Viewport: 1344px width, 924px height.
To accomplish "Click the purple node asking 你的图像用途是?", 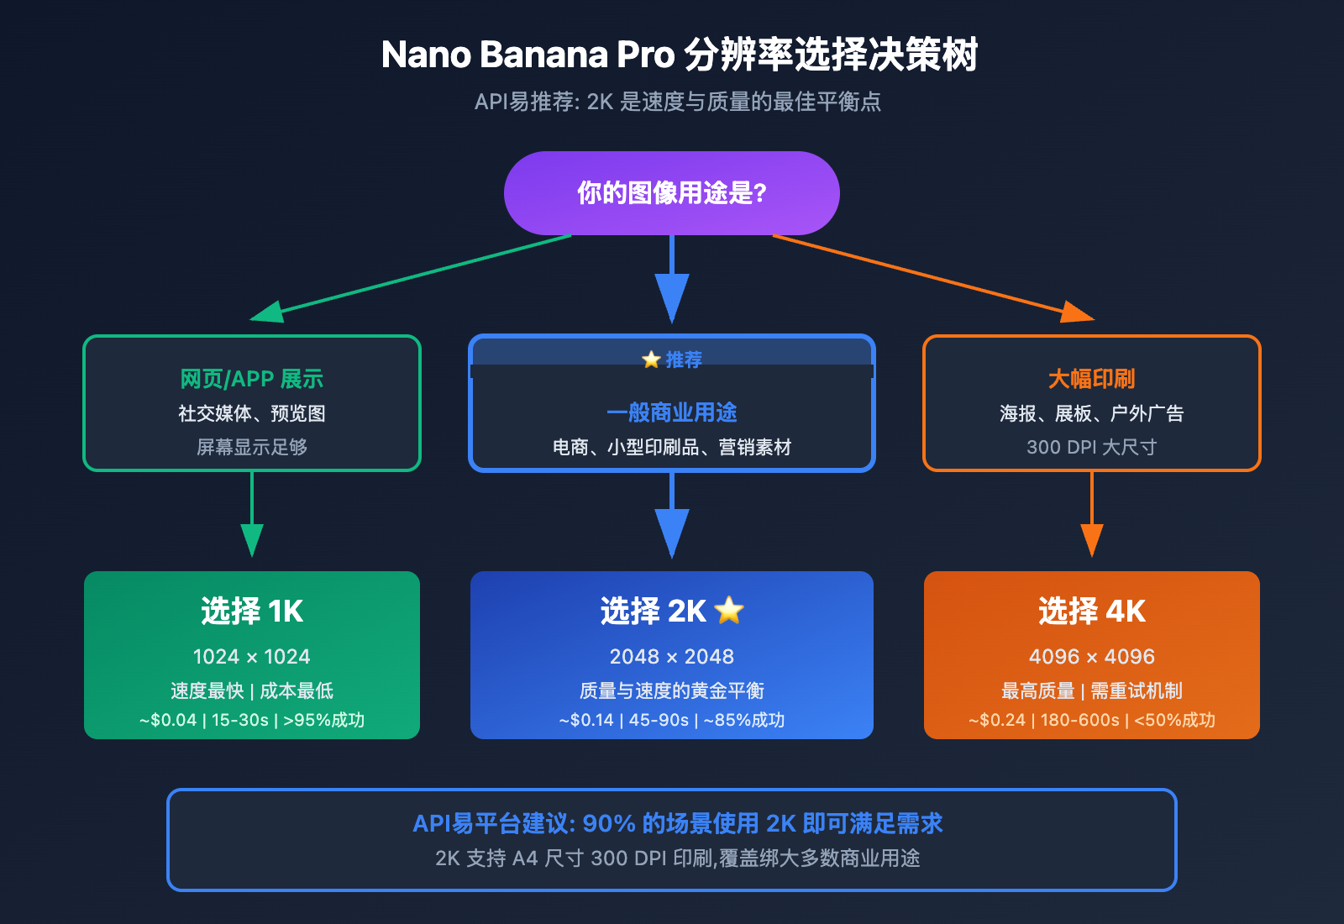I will point(671,193).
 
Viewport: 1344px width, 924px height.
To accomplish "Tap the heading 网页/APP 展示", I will point(251,379).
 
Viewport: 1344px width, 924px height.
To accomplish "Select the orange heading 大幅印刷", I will point(1091,379).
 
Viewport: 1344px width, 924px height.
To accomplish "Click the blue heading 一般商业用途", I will point(671,412).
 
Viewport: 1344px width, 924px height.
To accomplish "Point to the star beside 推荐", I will point(651,360).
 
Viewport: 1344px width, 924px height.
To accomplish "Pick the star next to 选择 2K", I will point(729,611).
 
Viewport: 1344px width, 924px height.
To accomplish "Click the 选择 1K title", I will point(251,611).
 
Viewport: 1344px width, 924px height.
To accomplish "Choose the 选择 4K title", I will point(1091,611).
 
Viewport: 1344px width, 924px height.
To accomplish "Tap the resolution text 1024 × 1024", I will point(251,656).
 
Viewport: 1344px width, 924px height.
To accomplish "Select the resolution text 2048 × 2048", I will point(671,656).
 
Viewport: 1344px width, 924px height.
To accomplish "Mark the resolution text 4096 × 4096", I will point(1091,656).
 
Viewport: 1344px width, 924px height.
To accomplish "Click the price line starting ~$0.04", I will point(251,720).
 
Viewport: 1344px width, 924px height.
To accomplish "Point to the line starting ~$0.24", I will point(1091,720).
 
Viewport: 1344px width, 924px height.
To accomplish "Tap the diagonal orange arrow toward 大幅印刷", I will point(924,275).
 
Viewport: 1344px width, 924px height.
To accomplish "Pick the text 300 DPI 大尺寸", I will point(1091,447).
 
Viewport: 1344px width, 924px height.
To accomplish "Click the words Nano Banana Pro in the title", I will point(528,55).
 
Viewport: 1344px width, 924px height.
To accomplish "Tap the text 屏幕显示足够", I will point(251,447).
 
